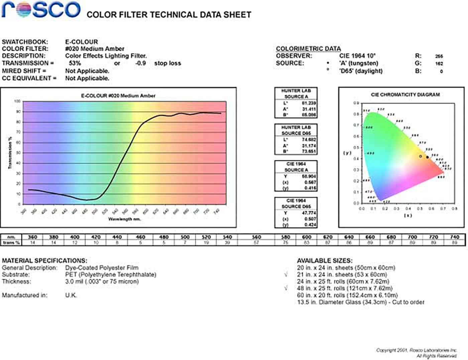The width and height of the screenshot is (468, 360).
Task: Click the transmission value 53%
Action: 75,63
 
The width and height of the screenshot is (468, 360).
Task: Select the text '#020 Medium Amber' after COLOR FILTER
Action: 95,49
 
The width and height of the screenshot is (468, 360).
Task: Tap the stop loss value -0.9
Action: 140,63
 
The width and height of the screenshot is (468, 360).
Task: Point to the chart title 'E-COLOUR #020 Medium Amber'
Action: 118,96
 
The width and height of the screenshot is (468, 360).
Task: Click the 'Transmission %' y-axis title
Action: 10,153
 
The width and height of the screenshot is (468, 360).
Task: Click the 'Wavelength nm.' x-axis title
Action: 124,219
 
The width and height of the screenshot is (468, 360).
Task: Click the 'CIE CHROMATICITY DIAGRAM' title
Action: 405,95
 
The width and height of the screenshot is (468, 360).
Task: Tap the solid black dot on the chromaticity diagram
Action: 427,157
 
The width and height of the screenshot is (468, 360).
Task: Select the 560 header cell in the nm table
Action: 256,237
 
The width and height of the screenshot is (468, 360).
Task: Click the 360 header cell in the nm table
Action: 32,237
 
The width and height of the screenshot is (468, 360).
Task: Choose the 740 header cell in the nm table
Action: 455,237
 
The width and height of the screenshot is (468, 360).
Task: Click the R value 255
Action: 439,56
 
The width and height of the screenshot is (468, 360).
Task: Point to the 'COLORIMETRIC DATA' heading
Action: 308,49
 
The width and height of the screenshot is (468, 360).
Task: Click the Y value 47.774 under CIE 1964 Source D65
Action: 309,213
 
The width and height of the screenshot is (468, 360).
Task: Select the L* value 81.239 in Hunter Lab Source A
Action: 309,103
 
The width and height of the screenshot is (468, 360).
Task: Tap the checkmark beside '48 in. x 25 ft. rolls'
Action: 286,288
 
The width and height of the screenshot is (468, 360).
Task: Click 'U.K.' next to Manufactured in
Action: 71,295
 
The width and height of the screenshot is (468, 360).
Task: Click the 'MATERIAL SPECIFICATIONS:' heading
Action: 44,260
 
